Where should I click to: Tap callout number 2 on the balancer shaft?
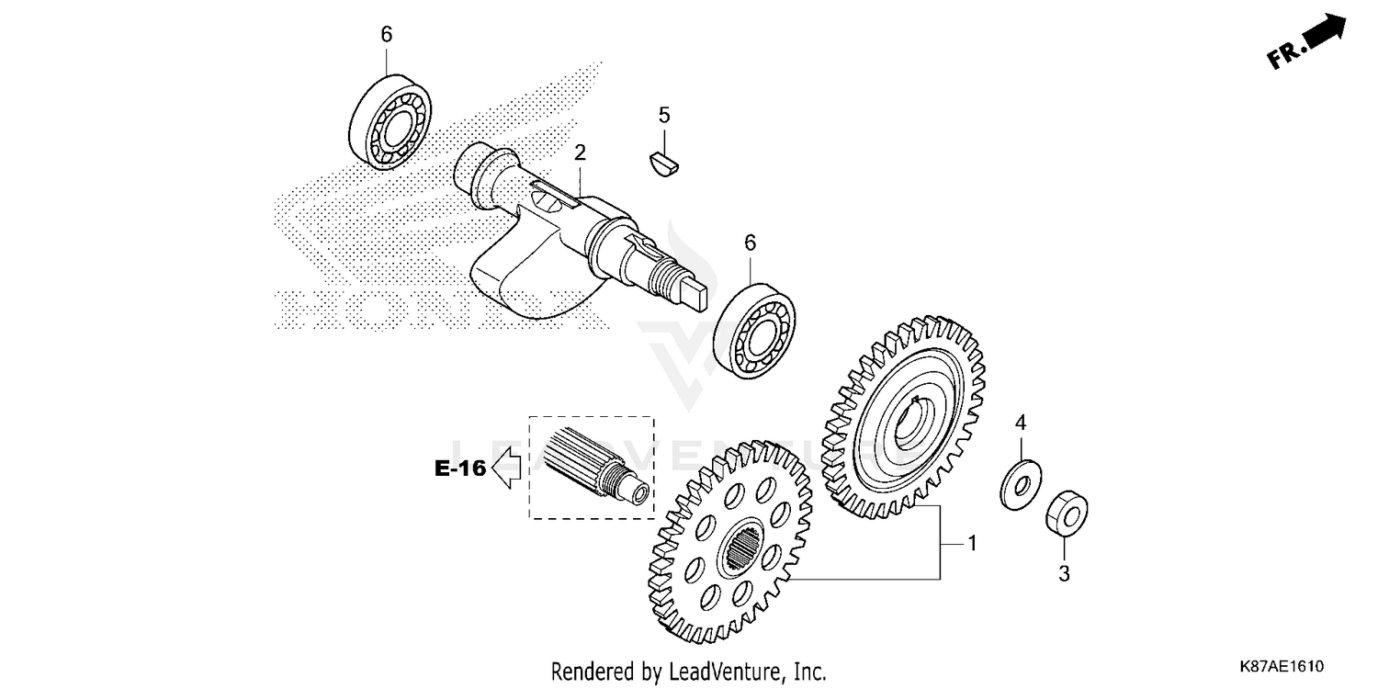pos(581,152)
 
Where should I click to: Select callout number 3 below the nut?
pos(1065,574)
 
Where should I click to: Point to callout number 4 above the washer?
pos(1020,424)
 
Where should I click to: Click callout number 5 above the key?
pos(664,116)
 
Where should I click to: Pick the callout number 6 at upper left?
pos(386,35)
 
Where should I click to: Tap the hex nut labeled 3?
pos(1067,513)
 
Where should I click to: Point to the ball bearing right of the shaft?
pos(755,328)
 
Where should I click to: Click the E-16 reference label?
pos(459,469)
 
